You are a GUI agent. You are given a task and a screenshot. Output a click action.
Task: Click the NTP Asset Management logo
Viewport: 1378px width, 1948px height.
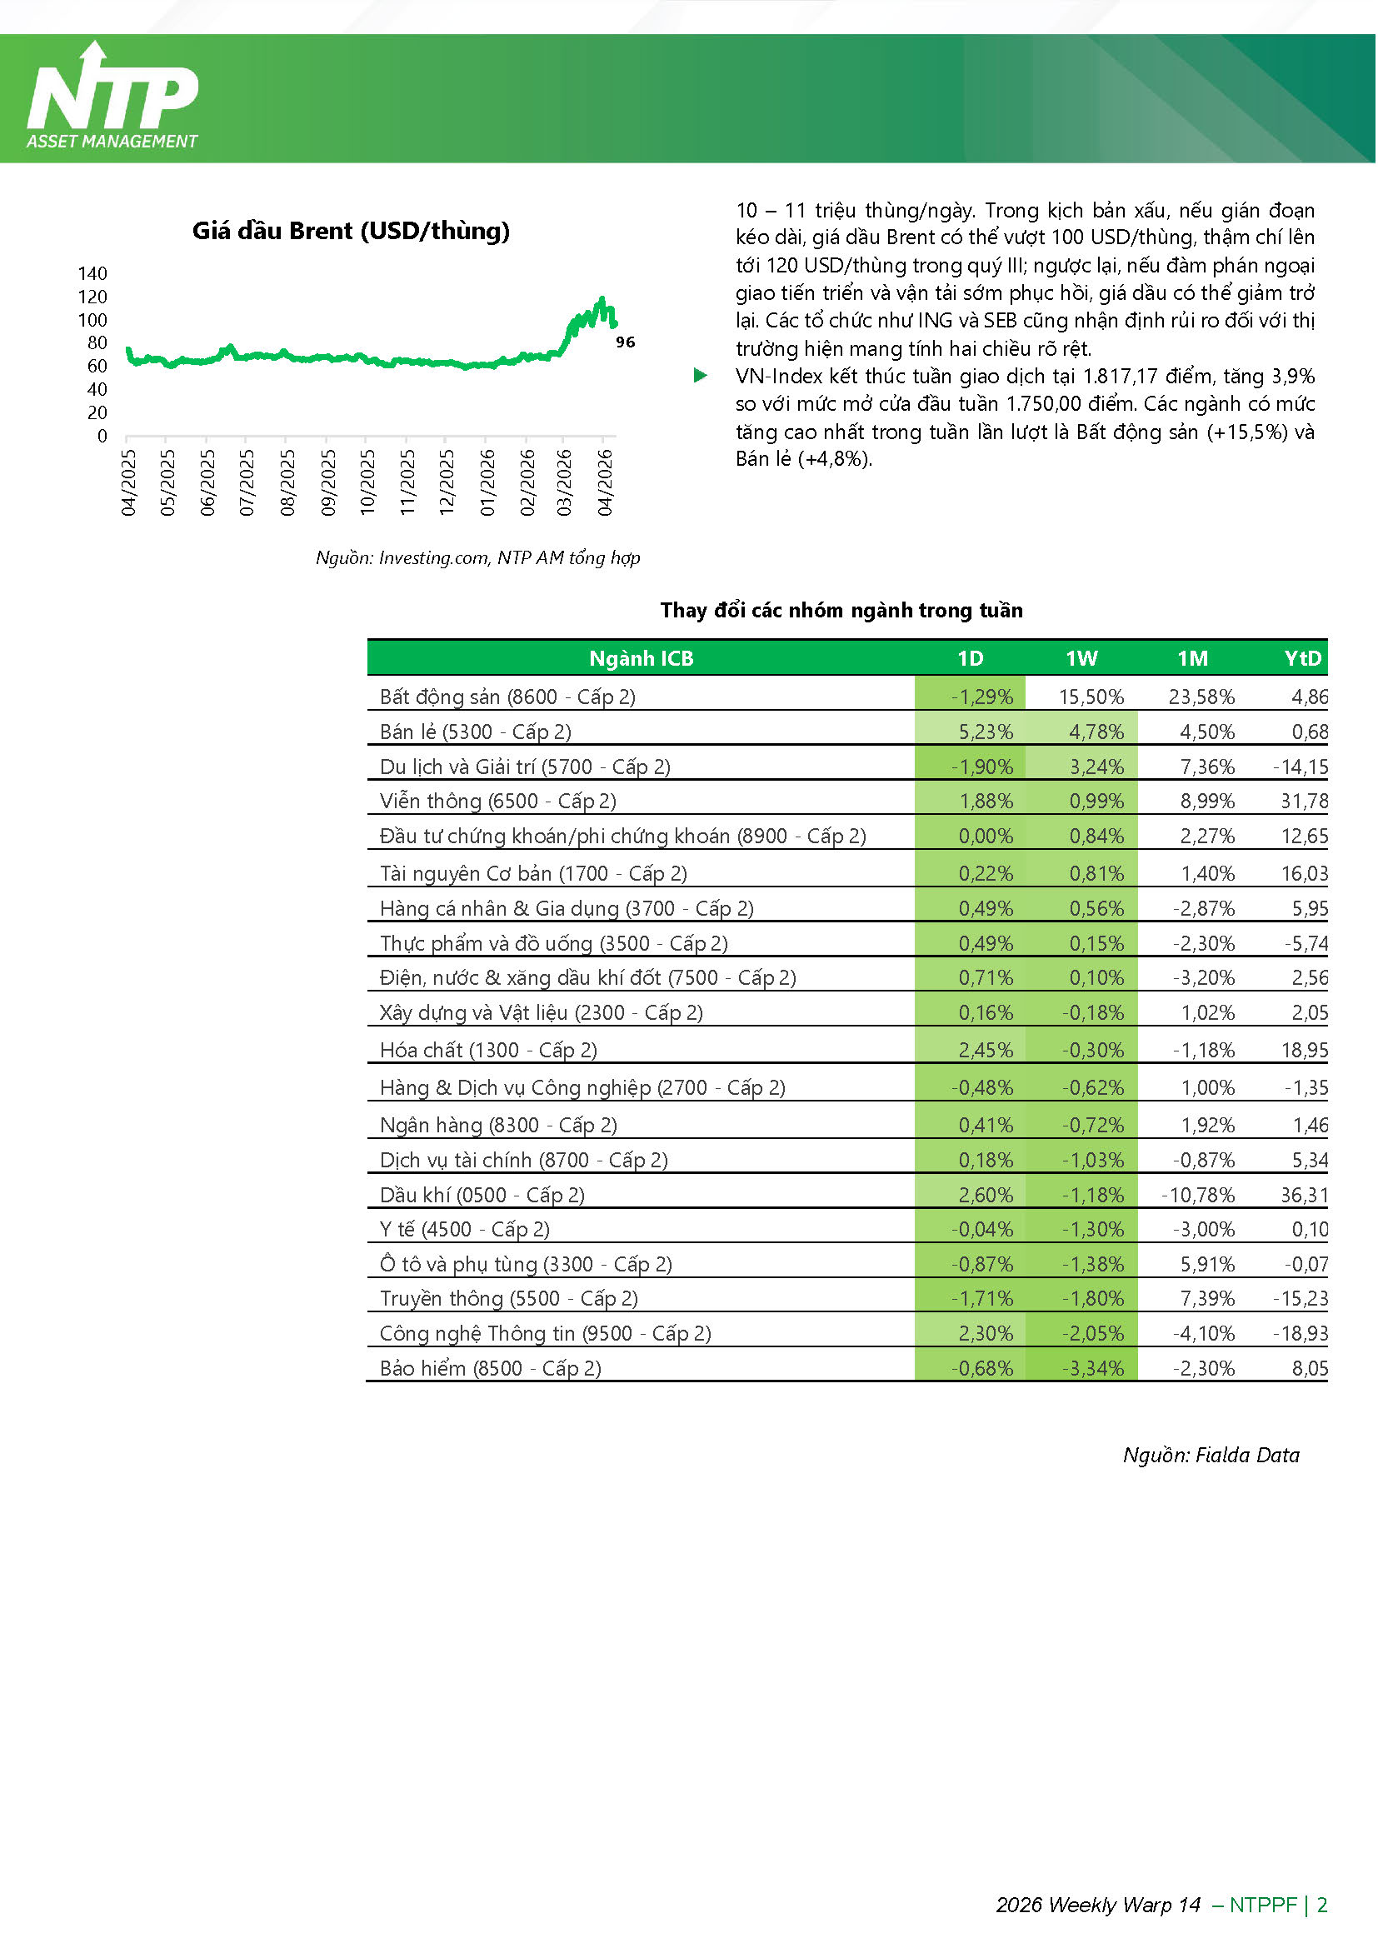pos(112,97)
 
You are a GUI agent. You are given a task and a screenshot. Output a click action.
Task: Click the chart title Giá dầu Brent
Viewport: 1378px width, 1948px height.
pos(351,231)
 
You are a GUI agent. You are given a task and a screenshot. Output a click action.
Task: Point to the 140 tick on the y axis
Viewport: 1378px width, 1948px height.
pos(92,273)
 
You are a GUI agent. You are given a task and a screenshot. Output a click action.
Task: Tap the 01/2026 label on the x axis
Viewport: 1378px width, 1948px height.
pos(487,482)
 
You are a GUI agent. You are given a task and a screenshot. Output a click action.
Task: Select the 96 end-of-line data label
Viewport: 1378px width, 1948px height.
pos(626,342)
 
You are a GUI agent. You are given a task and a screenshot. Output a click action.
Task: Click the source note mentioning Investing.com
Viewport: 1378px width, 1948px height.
pos(477,557)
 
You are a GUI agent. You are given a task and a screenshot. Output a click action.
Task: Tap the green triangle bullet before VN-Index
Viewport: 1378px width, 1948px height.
pos(700,375)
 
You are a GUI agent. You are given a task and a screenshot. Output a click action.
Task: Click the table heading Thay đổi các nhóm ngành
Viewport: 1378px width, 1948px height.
pos(841,610)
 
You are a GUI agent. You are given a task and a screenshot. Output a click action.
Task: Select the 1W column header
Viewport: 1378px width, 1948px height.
pos(1081,658)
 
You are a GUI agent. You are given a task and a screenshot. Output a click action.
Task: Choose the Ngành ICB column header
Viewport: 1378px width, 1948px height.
pos(641,658)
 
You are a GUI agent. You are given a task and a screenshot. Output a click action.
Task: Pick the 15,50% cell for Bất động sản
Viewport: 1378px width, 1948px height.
pos(1091,697)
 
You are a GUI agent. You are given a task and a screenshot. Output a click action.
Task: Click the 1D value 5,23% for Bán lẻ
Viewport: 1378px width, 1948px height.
pos(985,732)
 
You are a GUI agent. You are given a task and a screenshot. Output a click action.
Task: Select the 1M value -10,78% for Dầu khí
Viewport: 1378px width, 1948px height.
pos(1198,1195)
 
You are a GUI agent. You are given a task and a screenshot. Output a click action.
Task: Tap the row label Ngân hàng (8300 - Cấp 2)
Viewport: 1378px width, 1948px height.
pos(498,1125)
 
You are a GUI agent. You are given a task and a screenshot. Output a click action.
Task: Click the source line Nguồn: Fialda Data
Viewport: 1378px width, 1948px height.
pos(1211,1455)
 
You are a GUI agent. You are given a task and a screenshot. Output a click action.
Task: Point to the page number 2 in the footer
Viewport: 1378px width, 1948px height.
pos(1321,1905)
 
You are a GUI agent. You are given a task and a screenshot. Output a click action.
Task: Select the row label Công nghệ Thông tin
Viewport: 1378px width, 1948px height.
pos(545,1333)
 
